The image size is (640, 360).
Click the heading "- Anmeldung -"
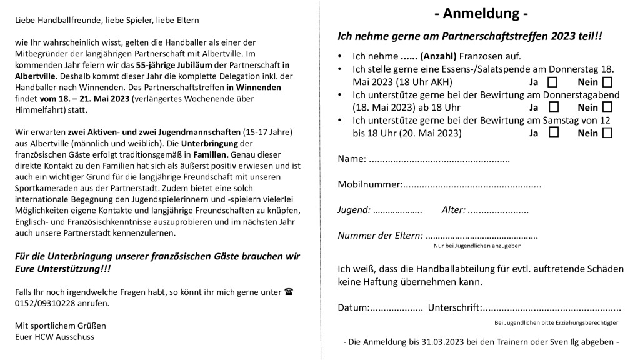click(481, 14)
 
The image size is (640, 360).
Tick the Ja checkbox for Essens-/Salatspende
click(552, 82)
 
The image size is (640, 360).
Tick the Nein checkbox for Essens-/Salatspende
click(607, 82)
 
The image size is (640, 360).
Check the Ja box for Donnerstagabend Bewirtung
click(552, 107)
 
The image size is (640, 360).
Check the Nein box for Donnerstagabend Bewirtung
click(607, 107)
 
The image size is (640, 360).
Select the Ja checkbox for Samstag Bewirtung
click(552, 132)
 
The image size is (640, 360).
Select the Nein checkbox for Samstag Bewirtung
click(607, 132)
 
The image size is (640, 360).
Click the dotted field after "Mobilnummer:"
click(472, 185)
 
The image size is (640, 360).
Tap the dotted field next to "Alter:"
click(498, 210)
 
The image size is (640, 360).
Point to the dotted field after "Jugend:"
click(397, 211)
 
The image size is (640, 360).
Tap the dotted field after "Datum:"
click(397, 307)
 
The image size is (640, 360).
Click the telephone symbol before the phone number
click(289, 291)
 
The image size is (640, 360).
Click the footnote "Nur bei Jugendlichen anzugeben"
click(477, 246)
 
